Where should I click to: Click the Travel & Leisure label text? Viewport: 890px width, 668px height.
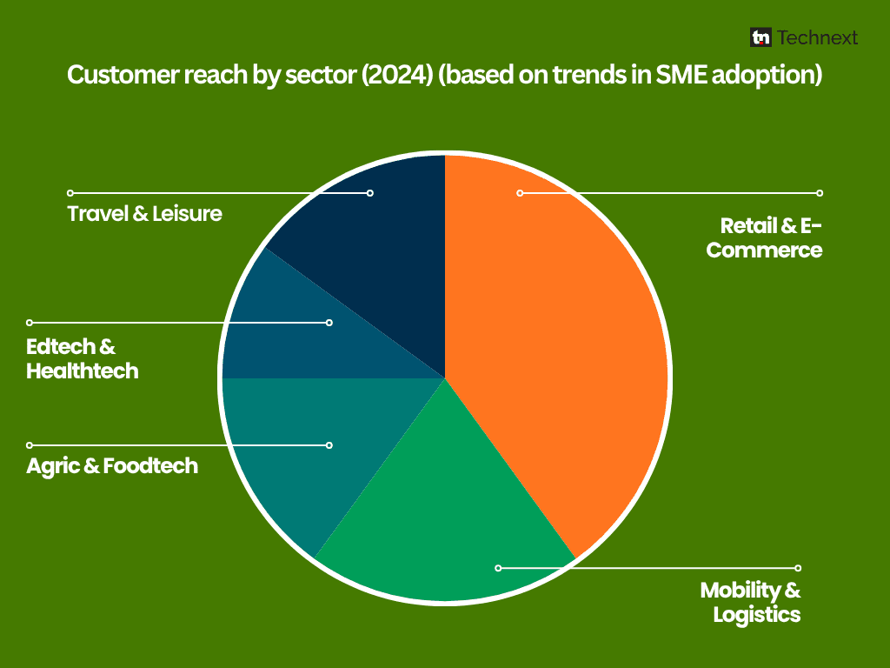145,213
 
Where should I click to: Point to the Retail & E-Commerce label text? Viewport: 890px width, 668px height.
765,238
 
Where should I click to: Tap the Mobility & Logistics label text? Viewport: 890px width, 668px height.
751,602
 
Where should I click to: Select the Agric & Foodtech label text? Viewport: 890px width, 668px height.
112,466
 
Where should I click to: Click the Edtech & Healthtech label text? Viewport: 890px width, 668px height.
83,359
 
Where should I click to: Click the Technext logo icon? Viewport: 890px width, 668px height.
761,37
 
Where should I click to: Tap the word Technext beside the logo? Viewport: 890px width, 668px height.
818,37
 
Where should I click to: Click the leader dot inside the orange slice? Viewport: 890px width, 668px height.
520,192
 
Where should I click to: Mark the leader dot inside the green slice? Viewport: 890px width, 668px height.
498,568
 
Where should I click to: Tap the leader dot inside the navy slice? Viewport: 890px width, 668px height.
370,192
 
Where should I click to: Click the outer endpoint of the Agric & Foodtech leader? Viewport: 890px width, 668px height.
30,445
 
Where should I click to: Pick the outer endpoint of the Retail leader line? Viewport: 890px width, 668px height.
820,192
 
